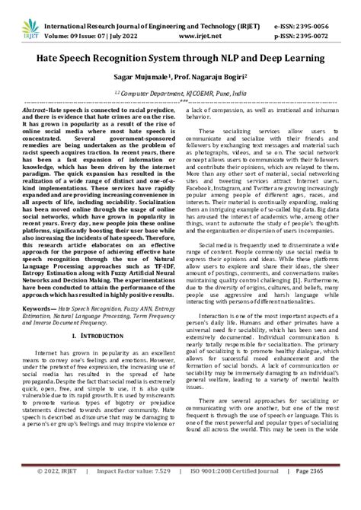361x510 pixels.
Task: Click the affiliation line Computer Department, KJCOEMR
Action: [184, 88]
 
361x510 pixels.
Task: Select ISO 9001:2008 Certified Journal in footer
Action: [232, 495]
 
